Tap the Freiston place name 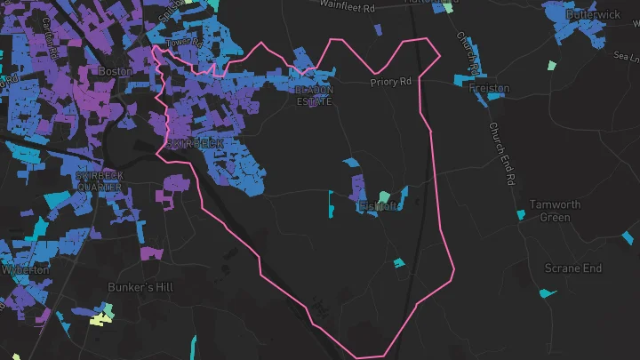coord(489,89)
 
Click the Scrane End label coord(572,268)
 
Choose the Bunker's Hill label coord(140,288)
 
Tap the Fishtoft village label coord(380,206)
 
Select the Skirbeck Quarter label coord(100,180)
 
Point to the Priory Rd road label coord(392,82)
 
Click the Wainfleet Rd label coord(351,4)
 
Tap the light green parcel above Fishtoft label coord(384,196)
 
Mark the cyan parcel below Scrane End coord(548,292)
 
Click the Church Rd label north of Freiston coord(468,53)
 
